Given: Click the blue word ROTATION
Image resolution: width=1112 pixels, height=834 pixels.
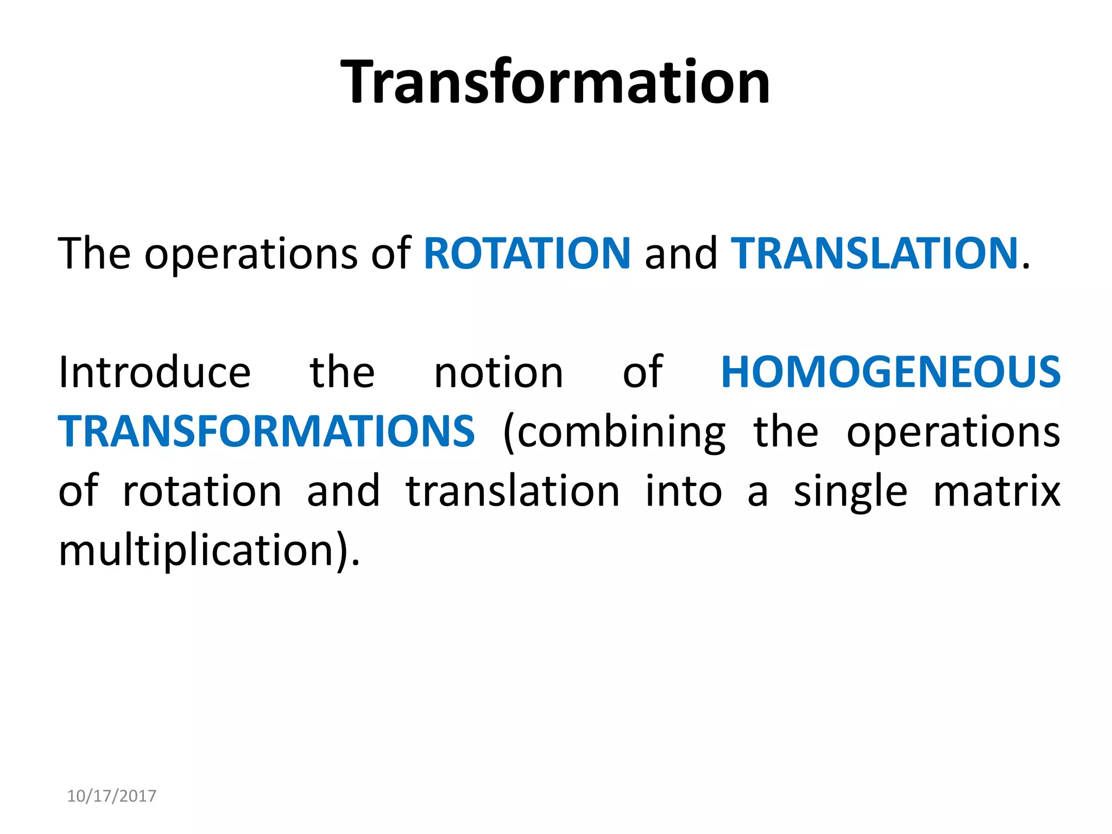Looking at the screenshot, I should click(527, 254).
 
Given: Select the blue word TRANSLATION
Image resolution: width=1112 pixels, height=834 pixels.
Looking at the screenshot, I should click(874, 254).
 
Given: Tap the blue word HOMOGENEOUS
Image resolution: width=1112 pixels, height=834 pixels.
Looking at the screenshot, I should click(890, 372).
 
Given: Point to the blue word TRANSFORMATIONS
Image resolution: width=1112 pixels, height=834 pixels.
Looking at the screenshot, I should click(267, 432).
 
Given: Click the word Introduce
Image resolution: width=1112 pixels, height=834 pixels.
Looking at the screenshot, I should click(155, 372).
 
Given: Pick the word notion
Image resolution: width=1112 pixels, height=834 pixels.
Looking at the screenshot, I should click(498, 372).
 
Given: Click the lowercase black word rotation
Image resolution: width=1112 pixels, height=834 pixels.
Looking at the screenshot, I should click(202, 491).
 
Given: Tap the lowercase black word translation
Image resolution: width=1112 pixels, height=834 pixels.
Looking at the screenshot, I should click(513, 491).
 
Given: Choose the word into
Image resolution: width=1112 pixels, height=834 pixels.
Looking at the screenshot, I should click(684, 491).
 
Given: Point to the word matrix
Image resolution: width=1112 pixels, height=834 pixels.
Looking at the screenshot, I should click(996, 491).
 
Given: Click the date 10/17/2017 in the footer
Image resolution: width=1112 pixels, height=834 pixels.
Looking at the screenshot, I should click(111, 796).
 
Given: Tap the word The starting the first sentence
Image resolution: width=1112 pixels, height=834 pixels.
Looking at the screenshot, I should click(94, 254).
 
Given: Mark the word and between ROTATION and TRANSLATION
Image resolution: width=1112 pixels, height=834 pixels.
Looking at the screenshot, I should click(680, 254).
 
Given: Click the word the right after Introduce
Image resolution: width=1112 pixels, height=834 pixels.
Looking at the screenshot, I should click(342, 372).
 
